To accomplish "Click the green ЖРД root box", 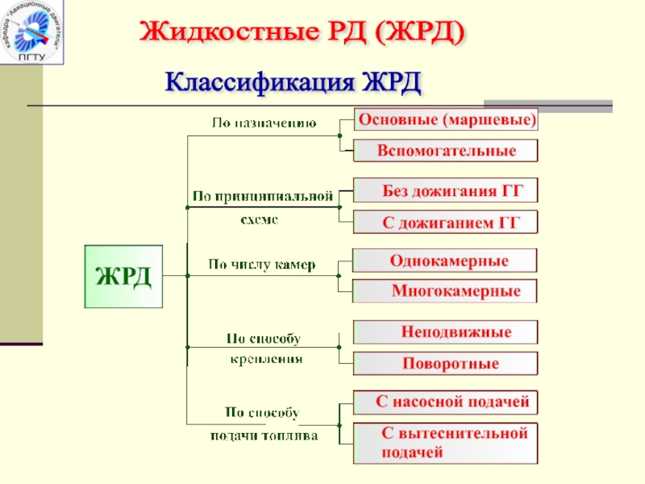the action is point(123,276).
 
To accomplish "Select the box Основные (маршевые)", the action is point(447,120).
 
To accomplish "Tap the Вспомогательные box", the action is point(446,151).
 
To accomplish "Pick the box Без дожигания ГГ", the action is point(446,190).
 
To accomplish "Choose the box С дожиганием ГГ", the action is point(446,222).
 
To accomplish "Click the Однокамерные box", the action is point(446,261).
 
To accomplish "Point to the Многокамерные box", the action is point(446,290).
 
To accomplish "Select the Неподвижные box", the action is point(446,332).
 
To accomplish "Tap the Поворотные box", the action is point(446,364).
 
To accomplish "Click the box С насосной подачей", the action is point(446,401).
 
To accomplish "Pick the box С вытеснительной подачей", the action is point(446,443).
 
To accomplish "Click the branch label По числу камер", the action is point(262,264).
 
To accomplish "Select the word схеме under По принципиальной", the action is point(260,219).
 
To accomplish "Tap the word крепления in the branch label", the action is point(265,358).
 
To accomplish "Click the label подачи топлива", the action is point(264,435).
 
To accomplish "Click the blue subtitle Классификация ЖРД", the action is point(293,81).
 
